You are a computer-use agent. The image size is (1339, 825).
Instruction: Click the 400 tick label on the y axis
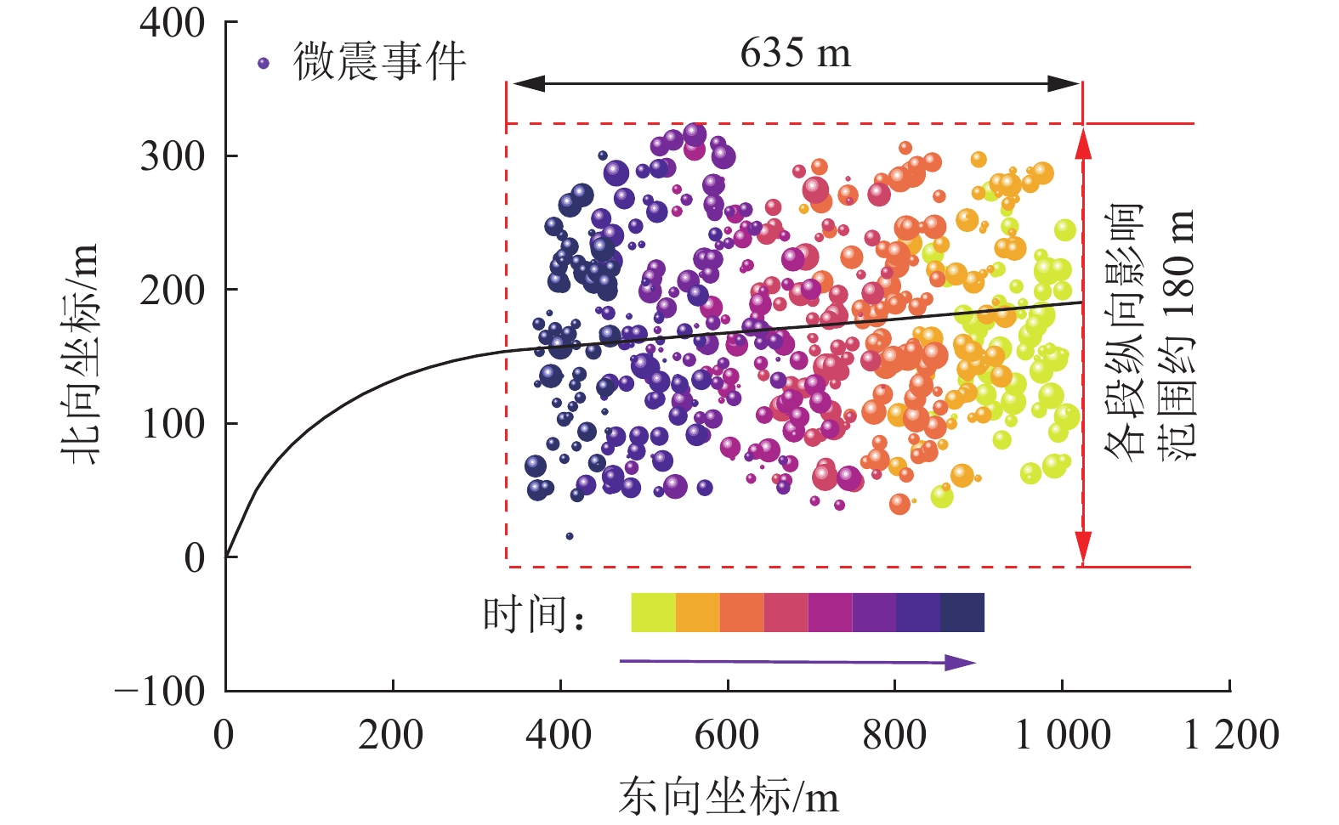coord(173,23)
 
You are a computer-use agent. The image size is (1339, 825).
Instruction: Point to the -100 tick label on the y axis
coord(161,692)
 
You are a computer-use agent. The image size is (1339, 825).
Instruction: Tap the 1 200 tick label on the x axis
coord(1231,735)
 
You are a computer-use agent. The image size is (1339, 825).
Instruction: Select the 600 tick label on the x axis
coord(727,735)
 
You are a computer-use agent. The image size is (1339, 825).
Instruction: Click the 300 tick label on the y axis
coord(173,156)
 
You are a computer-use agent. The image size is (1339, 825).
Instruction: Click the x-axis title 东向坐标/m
coord(729,797)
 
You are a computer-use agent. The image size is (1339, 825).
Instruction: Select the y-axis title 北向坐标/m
coord(82,353)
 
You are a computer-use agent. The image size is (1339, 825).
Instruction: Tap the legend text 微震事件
coord(380,62)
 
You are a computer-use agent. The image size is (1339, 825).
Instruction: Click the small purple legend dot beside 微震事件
coord(264,63)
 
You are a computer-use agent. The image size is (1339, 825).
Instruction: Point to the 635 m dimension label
coord(795,53)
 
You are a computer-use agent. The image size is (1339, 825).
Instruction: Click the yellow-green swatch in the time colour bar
coord(653,613)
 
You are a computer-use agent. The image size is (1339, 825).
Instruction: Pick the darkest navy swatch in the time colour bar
coord(962,613)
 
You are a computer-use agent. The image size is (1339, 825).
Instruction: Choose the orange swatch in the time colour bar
coord(698,613)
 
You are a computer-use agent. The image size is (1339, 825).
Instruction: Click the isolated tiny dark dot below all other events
coord(570,536)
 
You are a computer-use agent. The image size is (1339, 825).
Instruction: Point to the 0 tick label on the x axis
coord(224,735)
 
